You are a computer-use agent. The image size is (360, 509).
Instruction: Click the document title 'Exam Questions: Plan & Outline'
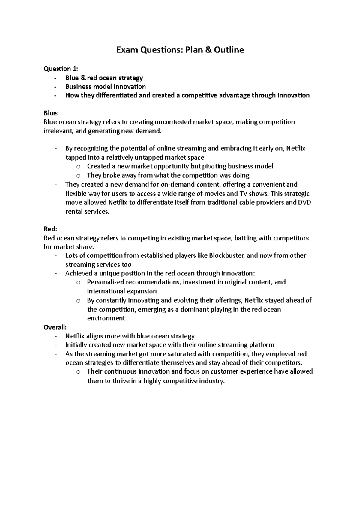click(180, 50)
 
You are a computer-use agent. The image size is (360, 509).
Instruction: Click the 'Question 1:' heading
click(61, 69)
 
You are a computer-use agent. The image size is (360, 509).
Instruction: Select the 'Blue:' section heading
click(51, 113)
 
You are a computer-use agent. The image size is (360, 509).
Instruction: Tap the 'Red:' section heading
click(50, 229)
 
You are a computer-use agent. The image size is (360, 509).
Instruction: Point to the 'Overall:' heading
click(55, 327)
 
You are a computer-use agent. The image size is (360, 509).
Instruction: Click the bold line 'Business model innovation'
click(106, 87)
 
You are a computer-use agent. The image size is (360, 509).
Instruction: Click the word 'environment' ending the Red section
click(106, 318)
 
